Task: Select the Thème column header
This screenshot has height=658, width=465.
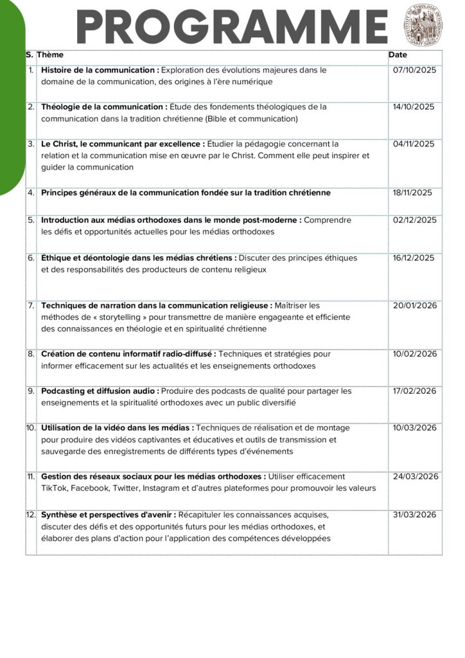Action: point(50,55)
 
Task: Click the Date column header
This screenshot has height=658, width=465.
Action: point(398,55)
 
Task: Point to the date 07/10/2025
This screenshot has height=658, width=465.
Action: point(414,70)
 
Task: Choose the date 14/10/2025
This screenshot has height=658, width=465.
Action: point(414,107)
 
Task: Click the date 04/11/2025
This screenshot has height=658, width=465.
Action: point(414,144)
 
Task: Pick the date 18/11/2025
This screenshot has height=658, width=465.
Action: point(413,193)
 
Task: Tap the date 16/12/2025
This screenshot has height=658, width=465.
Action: point(414,258)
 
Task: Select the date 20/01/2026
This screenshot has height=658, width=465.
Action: point(415,306)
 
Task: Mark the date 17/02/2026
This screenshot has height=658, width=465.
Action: point(415,391)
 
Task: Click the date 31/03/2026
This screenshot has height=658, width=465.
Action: point(415,515)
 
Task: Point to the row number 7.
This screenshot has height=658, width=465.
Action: point(31,306)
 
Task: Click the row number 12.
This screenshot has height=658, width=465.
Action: point(31,515)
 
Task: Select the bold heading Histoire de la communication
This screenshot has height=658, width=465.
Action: point(100,70)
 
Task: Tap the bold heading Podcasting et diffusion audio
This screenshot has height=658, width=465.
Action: point(100,391)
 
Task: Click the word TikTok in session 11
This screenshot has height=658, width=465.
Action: point(53,488)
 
